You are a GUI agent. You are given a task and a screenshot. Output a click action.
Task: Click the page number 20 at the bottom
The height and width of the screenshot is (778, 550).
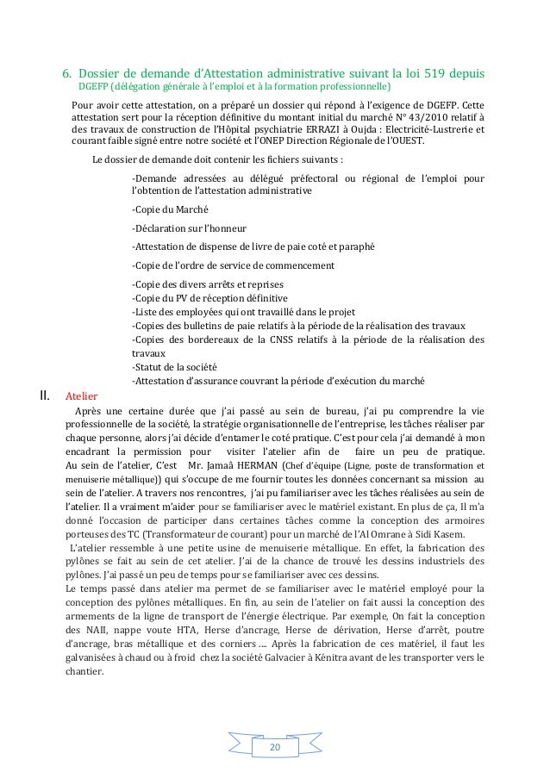[275, 744]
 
